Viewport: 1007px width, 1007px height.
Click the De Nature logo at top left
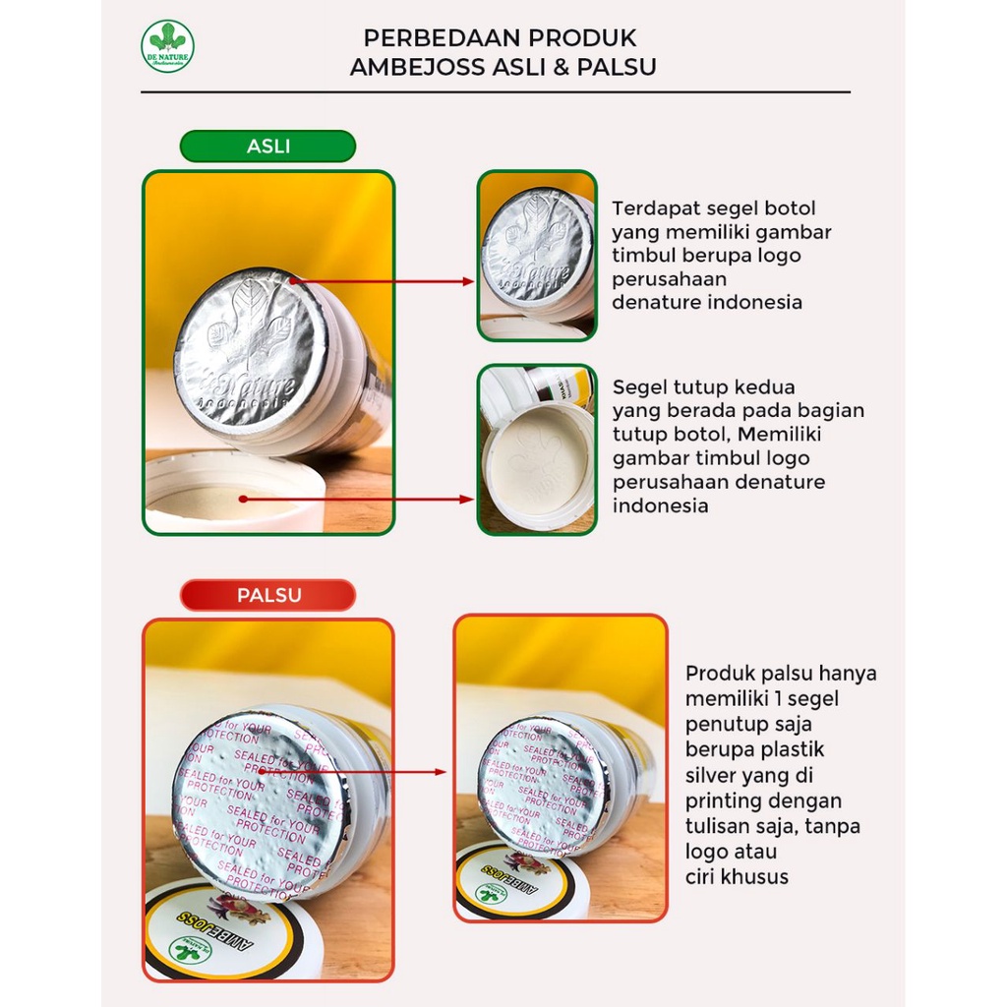click(167, 46)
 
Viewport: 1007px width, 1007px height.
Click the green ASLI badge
click(267, 147)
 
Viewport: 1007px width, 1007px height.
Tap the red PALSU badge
click(267, 595)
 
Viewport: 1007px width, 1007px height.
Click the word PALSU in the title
click(618, 67)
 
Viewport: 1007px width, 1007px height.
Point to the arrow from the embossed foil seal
click(384, 281)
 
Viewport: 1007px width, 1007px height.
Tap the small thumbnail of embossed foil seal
click(537, 256)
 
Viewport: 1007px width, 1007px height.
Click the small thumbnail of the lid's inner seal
click(537, 450)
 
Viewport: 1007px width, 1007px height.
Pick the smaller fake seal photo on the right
click(560, 768)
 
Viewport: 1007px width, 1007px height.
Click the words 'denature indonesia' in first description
click(706, 302)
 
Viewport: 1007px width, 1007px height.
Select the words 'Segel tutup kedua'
click(703, 386)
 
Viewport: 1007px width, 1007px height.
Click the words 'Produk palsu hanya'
click(780, 674)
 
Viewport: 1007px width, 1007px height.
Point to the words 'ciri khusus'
click(737, 876)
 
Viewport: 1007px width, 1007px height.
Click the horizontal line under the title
click(495, 92)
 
